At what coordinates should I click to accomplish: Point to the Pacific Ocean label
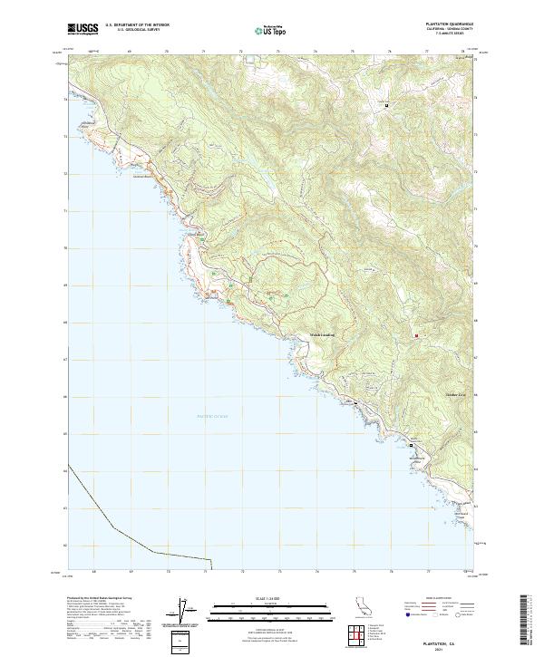pyautogui.click(x=214, y=415)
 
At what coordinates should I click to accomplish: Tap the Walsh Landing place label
pyautogui.click(x=316, y=333)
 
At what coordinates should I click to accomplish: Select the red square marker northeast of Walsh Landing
pyautogui.click(x=416, y=337)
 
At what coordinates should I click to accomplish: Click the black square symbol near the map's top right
pyautogui.click(x=387, y=106)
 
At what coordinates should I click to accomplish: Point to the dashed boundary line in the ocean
pyautogui.click(x=113, y=526)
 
